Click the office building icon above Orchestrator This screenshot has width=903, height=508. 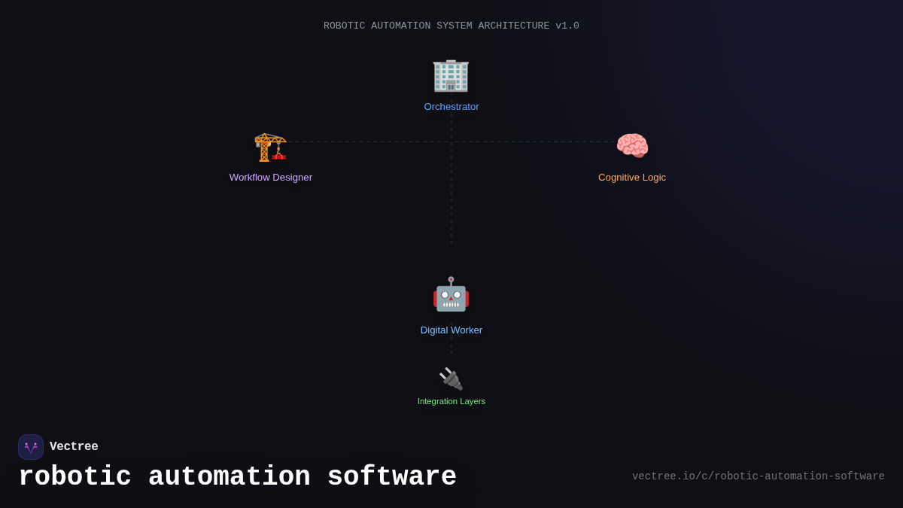click(451, 75)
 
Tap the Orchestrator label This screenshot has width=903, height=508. click(451, 107)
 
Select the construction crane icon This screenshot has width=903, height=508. click(270, 147)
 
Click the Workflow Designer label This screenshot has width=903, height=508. click(271, 178)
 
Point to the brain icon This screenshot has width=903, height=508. click(632, 146)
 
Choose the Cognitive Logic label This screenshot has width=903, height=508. click(632, 178)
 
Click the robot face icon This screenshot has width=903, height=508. click(451, 294)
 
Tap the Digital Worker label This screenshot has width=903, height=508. click(451, 330)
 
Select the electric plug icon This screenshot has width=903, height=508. click(451, 379)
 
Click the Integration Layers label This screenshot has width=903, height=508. click(451, 402)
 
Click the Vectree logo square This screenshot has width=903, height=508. click(31, 447)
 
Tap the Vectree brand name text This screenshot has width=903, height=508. click(74, 447)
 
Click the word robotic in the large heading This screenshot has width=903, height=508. click(74, 477)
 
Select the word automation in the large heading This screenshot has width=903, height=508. click(229, 477)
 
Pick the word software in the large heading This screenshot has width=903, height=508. click(391, 477)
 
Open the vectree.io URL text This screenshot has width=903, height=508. click(758, 476)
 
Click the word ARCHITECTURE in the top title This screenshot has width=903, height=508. click(513, 26)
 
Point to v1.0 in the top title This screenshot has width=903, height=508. click(567, 26)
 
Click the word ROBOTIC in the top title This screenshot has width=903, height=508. click(344, 26)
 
